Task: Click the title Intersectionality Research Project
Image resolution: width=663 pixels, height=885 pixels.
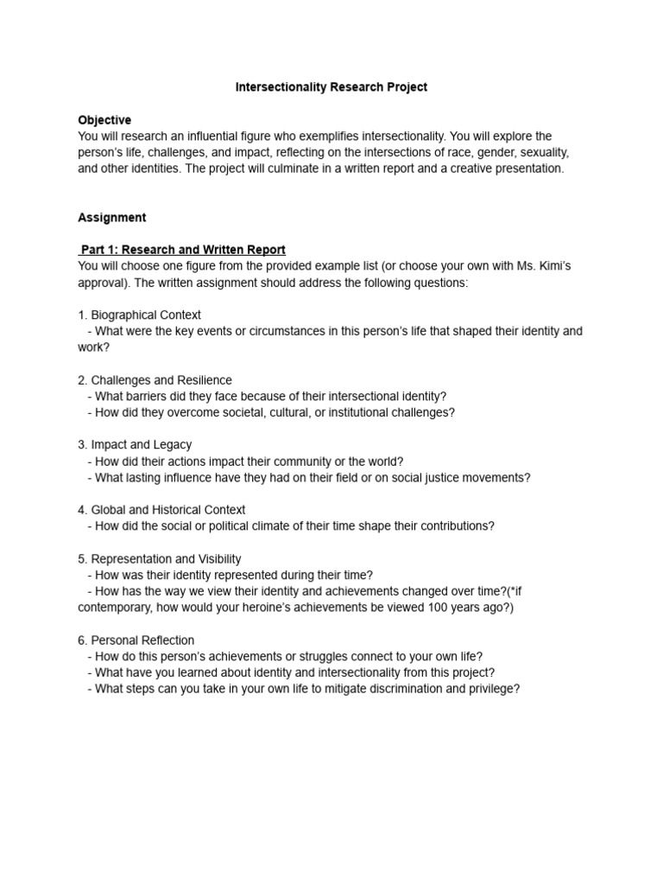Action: [331, 87]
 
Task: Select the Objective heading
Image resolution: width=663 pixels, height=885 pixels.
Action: [104, 120]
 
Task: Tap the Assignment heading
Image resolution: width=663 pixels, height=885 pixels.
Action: [112, 217]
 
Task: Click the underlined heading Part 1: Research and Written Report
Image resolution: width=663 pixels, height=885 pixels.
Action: [183, 250]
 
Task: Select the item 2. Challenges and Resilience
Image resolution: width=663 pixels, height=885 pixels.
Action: [155, 379]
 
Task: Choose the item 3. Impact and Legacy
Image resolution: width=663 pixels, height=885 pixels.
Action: [135, 444]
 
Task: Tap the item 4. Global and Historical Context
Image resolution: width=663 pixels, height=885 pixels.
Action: [161, 510]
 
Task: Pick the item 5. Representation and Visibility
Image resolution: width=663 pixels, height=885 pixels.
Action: [160, 559]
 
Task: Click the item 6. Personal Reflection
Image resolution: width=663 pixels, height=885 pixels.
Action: [136, 640]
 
